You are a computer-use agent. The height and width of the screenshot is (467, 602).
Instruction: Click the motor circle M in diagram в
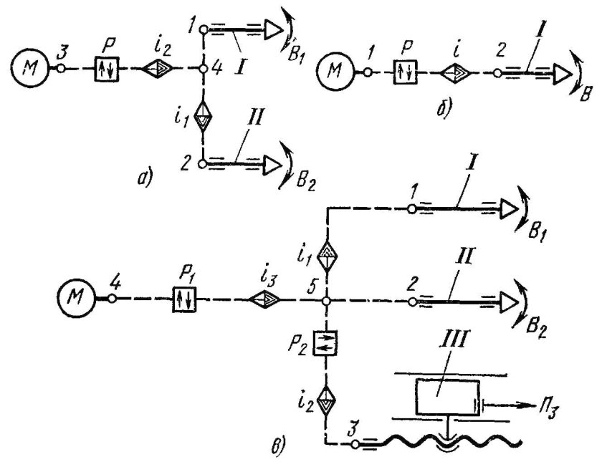click(x=76, y=298)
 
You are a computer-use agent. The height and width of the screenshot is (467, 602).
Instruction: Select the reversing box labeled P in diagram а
click(x=107, y=69)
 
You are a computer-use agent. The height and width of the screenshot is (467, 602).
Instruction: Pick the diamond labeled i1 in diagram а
click(x=203, y=116)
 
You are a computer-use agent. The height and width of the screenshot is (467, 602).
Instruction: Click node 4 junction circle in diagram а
click(x=204, y=69)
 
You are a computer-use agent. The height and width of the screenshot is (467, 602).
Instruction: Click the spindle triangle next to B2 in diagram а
click(x=272, y=165)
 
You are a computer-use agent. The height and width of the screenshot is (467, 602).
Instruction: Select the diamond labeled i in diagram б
click(x=456, y=72)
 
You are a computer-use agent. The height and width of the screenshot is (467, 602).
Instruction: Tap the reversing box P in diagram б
click(x=406, y=72)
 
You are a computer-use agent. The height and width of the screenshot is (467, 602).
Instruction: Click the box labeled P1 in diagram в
click(x=184, y=299)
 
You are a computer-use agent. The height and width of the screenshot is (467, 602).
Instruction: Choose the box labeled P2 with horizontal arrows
click(x=325, y=342)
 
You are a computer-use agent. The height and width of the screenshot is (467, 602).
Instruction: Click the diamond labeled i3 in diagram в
click(x=265, y=299)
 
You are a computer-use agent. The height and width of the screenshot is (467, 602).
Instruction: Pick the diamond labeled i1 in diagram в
click(x=326, y=256)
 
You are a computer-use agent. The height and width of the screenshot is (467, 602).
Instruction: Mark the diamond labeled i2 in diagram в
click(x=326, y=401)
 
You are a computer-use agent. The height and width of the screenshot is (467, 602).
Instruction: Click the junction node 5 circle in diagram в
click(x=326, y=301)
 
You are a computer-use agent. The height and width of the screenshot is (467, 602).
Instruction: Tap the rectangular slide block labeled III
click(x=448, y=397)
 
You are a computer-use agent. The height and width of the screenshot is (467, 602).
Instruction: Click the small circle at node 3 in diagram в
click(x=355, y=444)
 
